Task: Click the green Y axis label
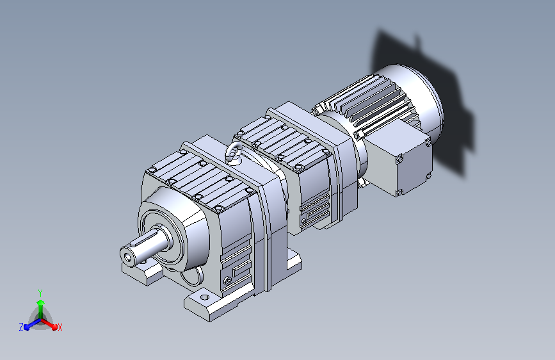point(40,293)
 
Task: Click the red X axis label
point(60,327)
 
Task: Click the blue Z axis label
point(21,327)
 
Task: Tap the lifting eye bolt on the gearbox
point(234,152)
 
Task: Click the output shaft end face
point(127,254)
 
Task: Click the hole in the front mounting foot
point(205,297)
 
